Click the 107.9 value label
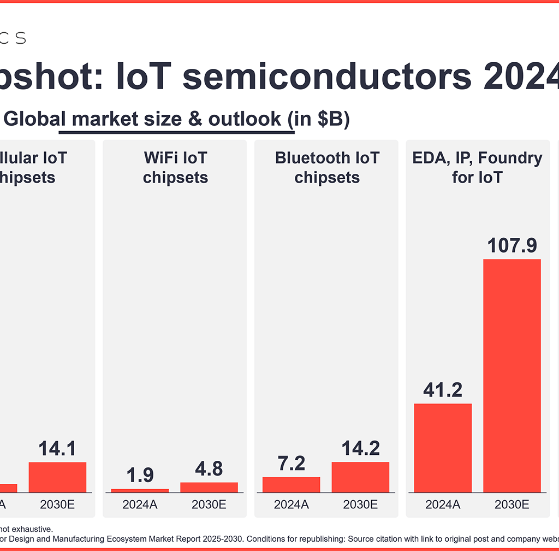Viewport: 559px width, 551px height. [512, 245]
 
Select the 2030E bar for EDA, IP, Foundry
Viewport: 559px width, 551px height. [512, 376]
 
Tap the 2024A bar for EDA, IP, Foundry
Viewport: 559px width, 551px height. [443, 448]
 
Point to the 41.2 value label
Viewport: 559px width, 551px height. [443, 390]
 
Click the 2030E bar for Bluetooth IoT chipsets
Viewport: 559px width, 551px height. [360, 477]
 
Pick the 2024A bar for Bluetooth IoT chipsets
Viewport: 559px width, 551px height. [291, 484]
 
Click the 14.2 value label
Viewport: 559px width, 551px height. [360, 448]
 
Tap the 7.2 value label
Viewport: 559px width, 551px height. [291, 463]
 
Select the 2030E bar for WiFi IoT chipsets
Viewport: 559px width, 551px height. [209, 487]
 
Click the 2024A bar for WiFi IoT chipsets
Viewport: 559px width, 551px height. [140, 490]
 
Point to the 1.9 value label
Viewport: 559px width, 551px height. [140, 475]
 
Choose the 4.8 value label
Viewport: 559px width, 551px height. [209, 468]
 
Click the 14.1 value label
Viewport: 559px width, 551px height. [57, 448]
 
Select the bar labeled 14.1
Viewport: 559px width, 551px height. [57, 477]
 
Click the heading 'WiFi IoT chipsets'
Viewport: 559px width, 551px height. [175, 168]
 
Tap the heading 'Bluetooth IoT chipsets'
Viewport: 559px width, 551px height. [327, 168]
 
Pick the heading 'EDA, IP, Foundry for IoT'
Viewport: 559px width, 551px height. [477, 168]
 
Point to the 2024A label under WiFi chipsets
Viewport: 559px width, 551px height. [140, 505]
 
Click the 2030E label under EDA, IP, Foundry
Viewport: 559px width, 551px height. [512, 505]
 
